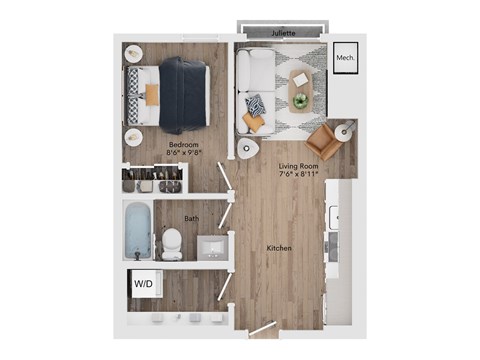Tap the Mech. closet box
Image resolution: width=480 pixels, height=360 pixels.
346,58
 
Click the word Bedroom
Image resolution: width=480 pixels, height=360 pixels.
184,144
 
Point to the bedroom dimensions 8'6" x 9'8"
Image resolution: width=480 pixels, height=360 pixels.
184,154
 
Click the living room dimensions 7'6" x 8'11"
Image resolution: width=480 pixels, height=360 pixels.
298,174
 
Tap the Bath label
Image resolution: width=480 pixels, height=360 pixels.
191,218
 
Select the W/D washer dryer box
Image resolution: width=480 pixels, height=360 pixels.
142,284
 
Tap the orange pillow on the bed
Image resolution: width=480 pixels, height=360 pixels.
152,93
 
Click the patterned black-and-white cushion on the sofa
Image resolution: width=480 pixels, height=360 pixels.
255,103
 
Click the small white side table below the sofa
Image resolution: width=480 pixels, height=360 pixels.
246,148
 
